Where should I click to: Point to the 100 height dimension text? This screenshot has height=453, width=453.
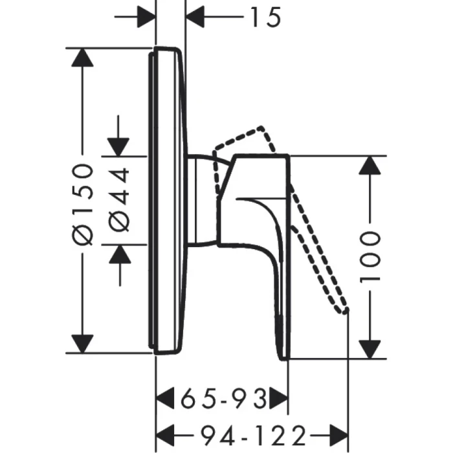point(370,256)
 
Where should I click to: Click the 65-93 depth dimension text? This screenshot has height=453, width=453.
point(223,398)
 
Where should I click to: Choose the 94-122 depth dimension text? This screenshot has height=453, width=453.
point(254,432)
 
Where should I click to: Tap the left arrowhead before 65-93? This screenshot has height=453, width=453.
point(168,397)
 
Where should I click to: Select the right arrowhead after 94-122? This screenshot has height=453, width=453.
point(339,432)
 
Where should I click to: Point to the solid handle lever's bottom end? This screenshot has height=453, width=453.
point(283,353)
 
